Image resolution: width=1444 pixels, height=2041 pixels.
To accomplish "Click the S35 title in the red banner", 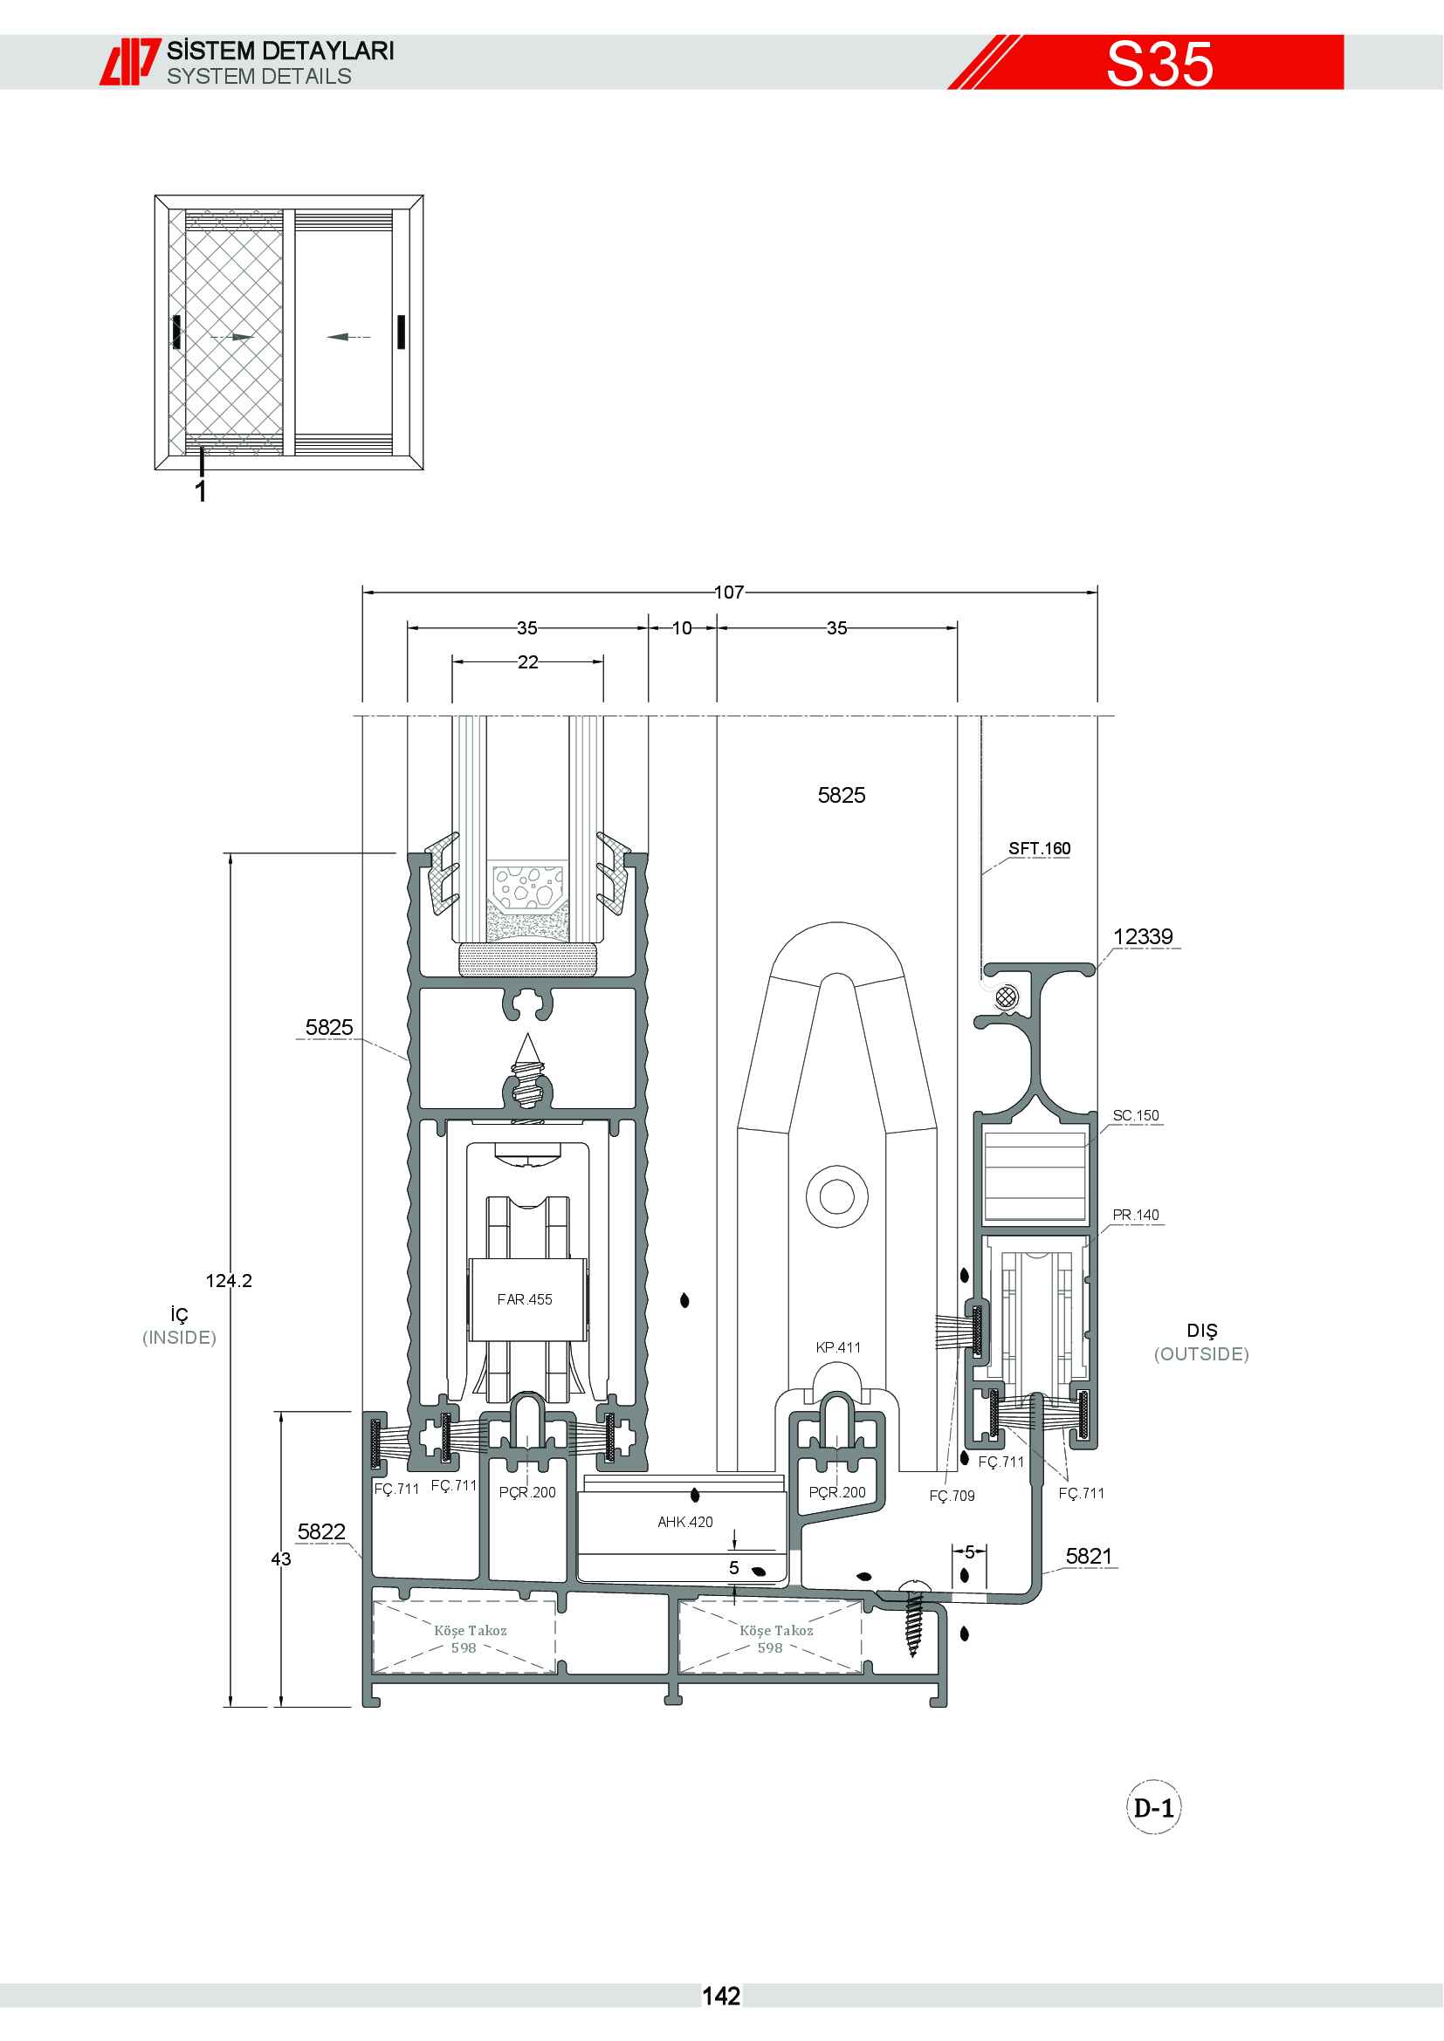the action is [x=1159, y=64].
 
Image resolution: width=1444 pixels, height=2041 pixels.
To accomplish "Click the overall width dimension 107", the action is [x=729, y=592].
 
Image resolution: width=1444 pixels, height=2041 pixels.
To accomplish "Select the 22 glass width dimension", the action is [x=528, y=662].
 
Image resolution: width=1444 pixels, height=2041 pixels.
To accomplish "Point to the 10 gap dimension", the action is [x=682, y=628].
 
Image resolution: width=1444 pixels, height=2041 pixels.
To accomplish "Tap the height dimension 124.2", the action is [x=229, y=1281].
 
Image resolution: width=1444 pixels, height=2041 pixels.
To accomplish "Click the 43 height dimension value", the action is [x=281, y=1559].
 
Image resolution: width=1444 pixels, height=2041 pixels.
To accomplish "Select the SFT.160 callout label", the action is [x=1040, y=849].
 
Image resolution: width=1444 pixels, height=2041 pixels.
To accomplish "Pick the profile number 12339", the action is [x=1144, y=937].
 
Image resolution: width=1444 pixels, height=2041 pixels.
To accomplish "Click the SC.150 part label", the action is [x=1137, y=1116].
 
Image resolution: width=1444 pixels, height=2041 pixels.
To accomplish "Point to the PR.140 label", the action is [x=1137, y=1216].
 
